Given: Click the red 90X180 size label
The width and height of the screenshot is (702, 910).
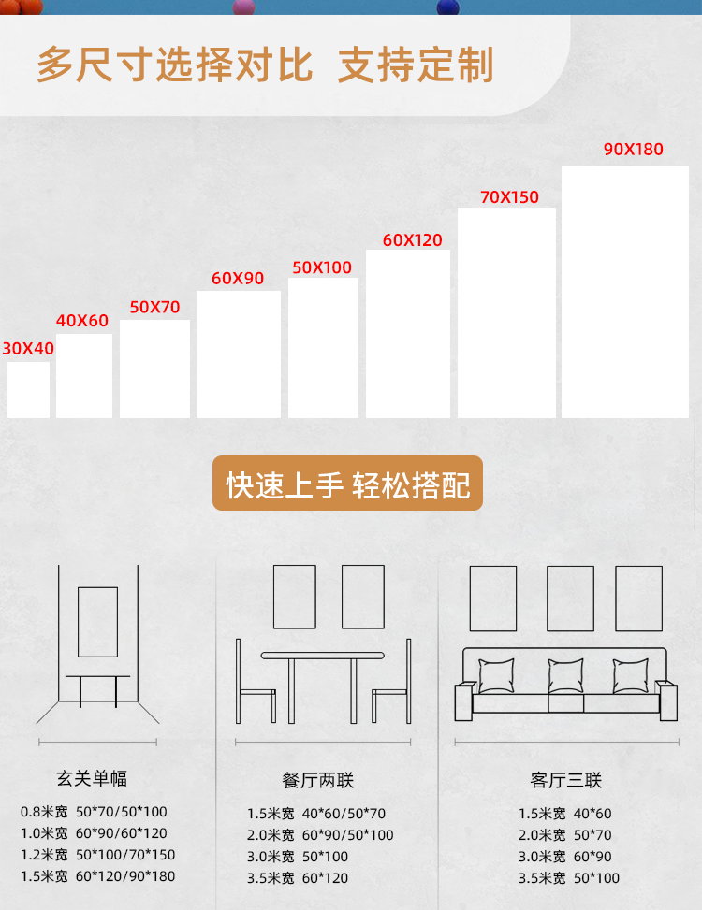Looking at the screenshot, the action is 633,150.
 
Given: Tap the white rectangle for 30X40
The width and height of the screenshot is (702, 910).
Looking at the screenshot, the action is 28,389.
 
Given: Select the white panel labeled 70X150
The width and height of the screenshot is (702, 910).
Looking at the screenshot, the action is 506,312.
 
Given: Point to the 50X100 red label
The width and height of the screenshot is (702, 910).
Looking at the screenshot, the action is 322,267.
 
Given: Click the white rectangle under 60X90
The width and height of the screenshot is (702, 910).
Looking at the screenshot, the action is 239,354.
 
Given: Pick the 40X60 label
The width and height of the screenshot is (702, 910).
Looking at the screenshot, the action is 82,321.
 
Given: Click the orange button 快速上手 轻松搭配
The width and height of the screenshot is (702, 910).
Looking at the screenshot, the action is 347,484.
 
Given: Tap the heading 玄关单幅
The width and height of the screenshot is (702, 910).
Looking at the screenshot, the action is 91,778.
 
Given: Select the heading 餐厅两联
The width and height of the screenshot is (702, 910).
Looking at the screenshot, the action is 318,781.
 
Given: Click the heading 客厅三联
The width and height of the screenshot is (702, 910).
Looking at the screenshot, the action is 565,781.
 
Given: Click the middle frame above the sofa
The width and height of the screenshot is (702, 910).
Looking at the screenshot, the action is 570,598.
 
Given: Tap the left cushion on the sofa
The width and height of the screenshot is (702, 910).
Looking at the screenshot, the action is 496,676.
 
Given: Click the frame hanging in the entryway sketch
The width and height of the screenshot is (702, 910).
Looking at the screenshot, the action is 97,622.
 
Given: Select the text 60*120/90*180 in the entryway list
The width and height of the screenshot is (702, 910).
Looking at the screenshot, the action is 125,876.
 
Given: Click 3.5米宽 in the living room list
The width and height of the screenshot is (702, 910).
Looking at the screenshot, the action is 542,878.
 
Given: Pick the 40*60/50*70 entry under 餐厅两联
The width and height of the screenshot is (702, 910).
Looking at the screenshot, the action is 344,814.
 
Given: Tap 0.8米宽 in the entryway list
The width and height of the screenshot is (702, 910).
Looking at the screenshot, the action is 44,812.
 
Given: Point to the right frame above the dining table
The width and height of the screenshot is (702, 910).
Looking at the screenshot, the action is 363,597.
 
